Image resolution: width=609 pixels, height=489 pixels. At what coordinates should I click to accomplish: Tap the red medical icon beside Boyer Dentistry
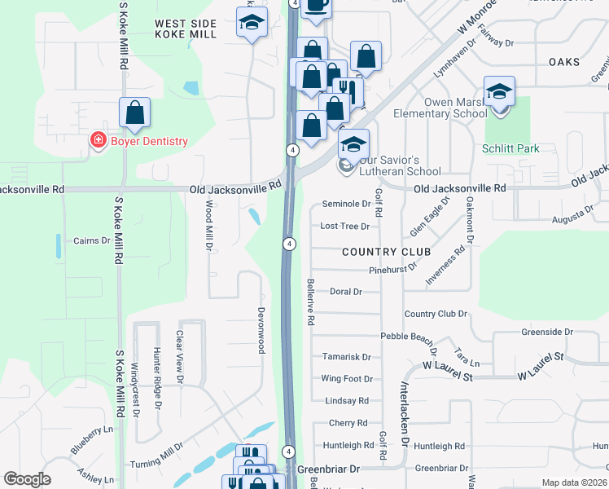coord(98,141)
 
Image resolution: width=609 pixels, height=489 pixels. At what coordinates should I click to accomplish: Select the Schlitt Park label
coord(510,149)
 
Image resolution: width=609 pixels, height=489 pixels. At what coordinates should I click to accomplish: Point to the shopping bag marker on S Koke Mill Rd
coord(135,114)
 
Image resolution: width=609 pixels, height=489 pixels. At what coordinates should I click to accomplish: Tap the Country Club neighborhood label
coord(386,252)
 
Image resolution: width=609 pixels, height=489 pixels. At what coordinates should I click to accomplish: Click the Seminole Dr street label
coord(347,204)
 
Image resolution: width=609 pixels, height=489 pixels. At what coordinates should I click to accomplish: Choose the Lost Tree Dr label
coord(345,226)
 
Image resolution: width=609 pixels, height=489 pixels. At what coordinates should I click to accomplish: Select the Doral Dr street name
coord(345,291)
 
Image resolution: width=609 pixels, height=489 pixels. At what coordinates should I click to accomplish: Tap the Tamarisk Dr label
coord(346,357)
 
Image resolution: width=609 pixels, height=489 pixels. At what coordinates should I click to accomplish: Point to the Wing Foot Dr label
coord(346,379)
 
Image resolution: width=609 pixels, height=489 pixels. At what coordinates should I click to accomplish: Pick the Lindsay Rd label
coord(346,401)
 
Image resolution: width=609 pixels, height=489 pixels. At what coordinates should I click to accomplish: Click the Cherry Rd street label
coord(348,423)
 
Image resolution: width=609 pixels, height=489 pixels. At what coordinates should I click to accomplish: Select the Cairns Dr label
coord(91,240)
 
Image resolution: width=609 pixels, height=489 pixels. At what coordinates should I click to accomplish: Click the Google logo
coord(27,479)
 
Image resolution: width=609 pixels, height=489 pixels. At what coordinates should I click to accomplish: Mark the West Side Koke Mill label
coord(186,29)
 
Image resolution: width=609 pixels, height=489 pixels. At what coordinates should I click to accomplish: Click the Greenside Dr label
coord(547,333)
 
